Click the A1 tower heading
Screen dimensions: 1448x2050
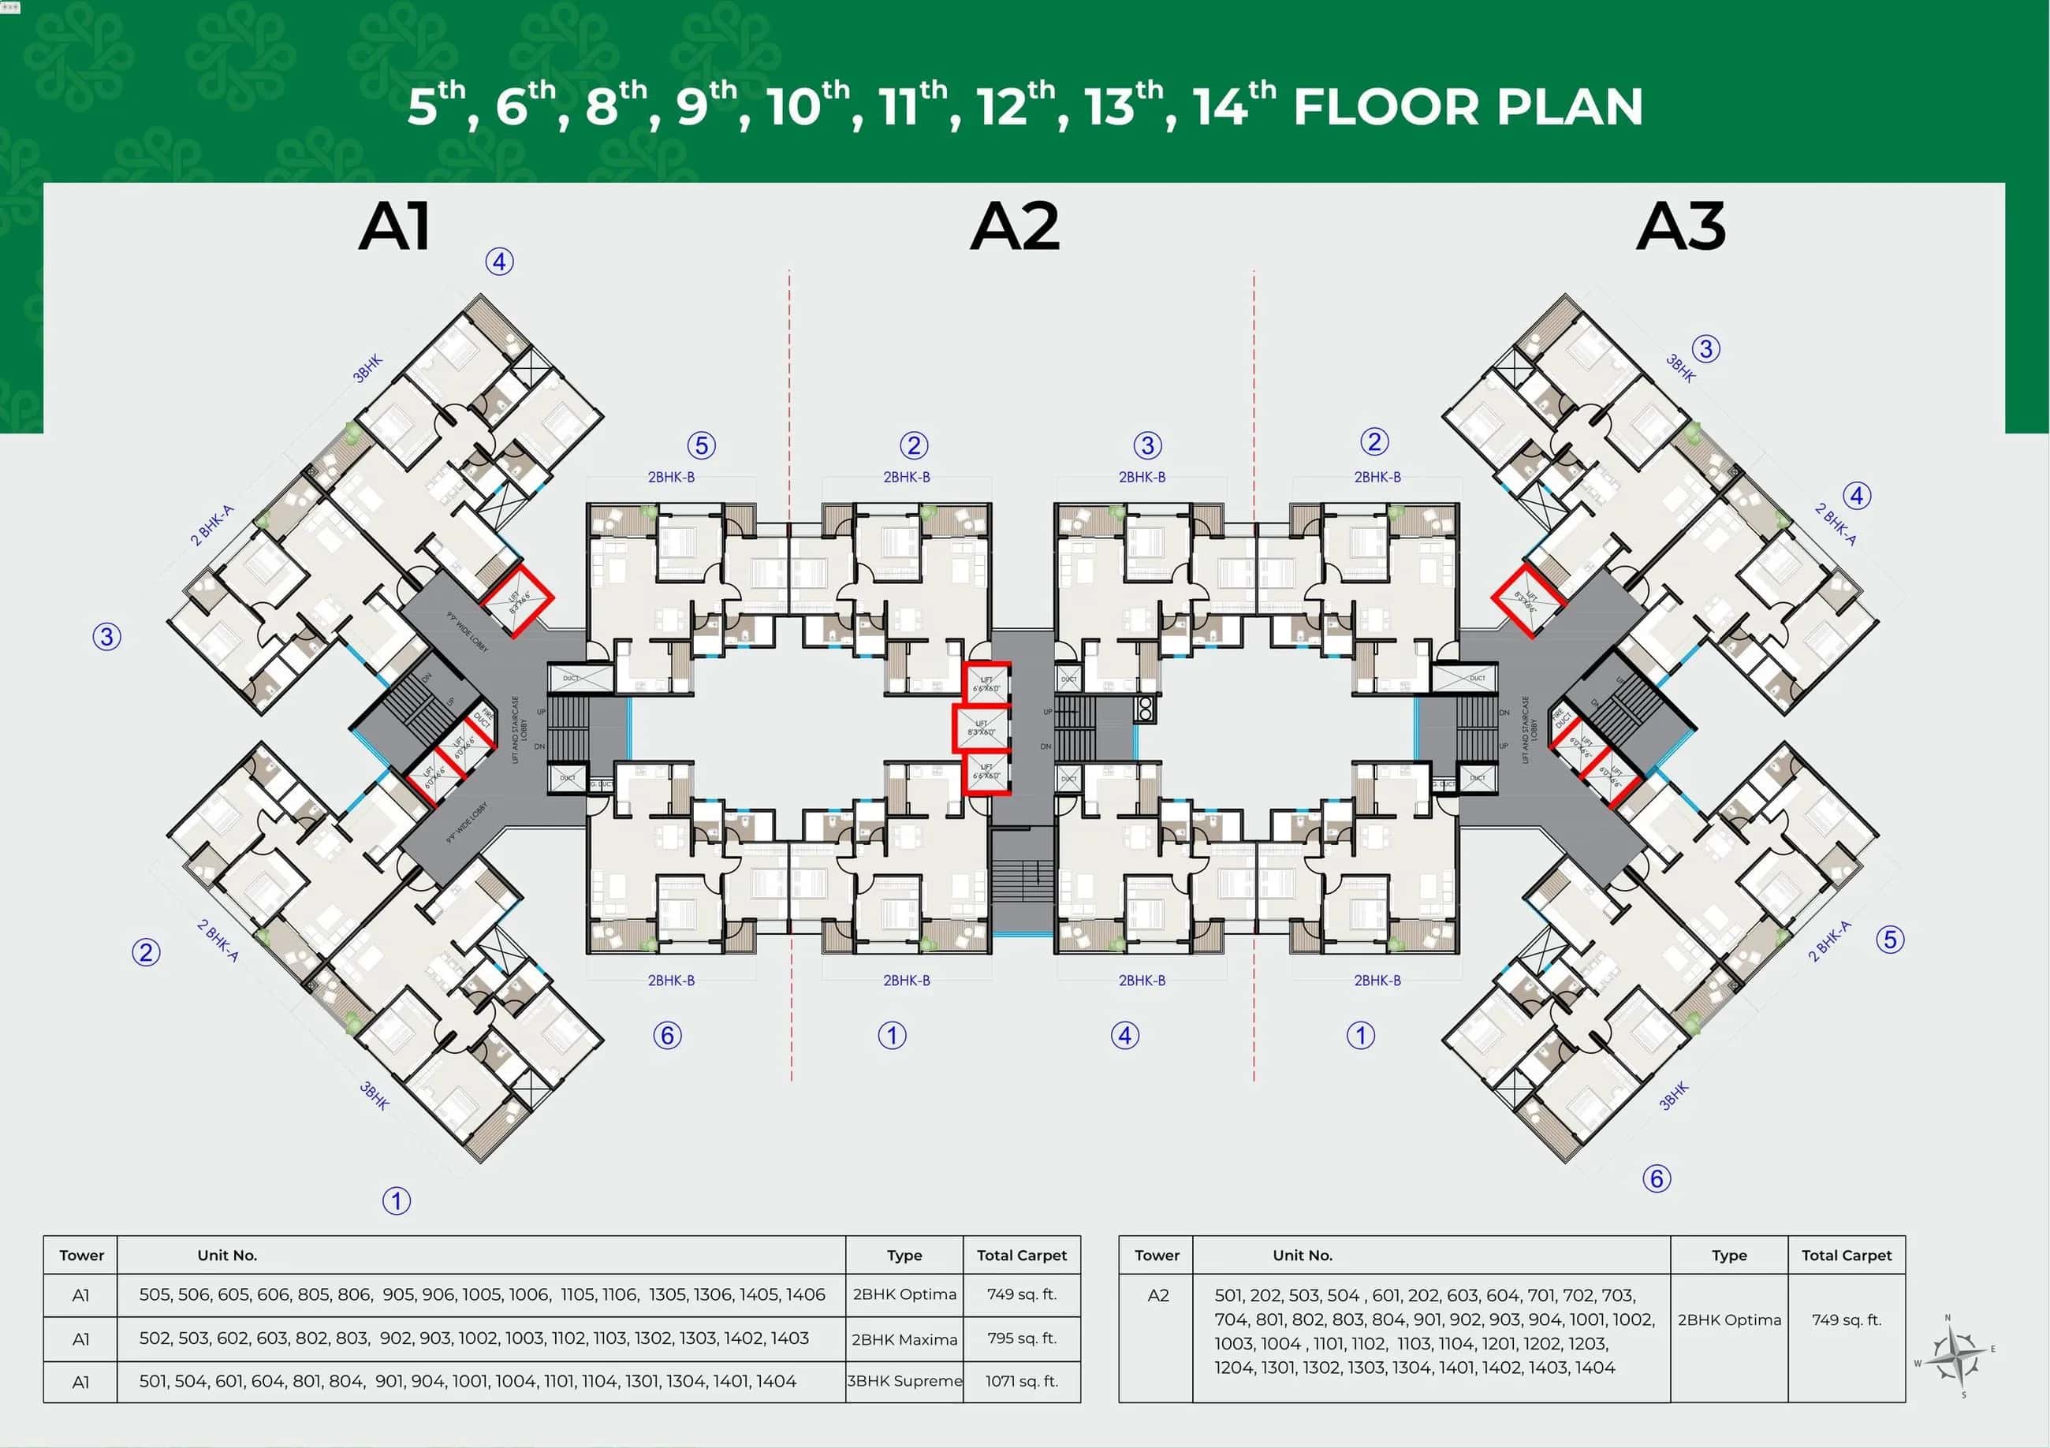pyautogui.click(x=395, y=227)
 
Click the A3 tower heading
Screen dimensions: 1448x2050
pyautogui.click(x=1680, y=227)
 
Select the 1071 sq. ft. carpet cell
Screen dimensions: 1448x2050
pyautogui.click(x=1021, y=1381)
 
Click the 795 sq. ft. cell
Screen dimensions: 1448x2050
pyautogui.click(x=1021, y=1338)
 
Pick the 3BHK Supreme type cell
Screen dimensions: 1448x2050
pyautogui.click(x=904, y=1381)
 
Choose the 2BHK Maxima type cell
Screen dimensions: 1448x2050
pyautogui.click(x=904, y=1339)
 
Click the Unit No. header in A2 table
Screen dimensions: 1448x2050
pyautogui.click(x=1303, y=1255)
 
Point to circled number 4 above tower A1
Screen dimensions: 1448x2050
pyautogui.click(x=499, y=262)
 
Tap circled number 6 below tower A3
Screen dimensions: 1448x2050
pyautogui.click(x=1657, y=1178)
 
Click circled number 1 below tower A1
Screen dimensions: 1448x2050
pyautogui.click(x=397, y=1200)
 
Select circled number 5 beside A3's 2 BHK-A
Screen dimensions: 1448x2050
pyautogui.click(x=1889, y=939)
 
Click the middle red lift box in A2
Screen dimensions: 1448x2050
pyautogui.click(x=982, y=728)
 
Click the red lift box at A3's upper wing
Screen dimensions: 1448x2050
pyautogui.click(x=1529, y=600)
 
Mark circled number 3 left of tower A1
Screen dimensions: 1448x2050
pyautogui.click(x=107, y=637)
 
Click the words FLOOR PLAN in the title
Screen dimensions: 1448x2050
pyautogui.click(x=1468, y=107)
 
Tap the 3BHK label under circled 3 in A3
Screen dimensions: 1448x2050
pyautogui.click(x=1679, y=368)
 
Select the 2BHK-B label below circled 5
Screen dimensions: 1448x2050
pyautogui.click(x=672, y=477)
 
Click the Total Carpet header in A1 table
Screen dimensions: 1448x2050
pyautogui.click(x=1021, y=1255)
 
